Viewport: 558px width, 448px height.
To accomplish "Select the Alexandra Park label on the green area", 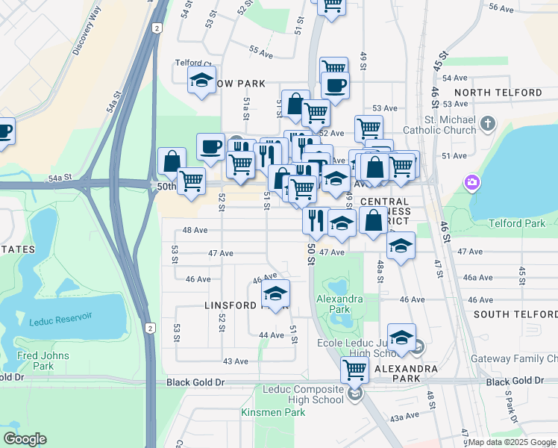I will (x=339, y=305).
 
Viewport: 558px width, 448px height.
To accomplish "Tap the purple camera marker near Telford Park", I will (x=471, y=182).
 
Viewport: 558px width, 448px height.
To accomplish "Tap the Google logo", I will (x=25, y=439).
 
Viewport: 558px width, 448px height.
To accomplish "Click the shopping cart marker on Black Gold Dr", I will (x=354, y=369).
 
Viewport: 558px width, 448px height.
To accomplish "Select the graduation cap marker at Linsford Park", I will (x=275, y=294).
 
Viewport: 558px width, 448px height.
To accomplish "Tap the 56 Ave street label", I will (x=501, y=8).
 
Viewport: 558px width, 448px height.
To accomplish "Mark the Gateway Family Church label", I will (x=514, y=359).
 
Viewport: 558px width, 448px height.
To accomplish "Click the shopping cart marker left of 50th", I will (x=192, y=180).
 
